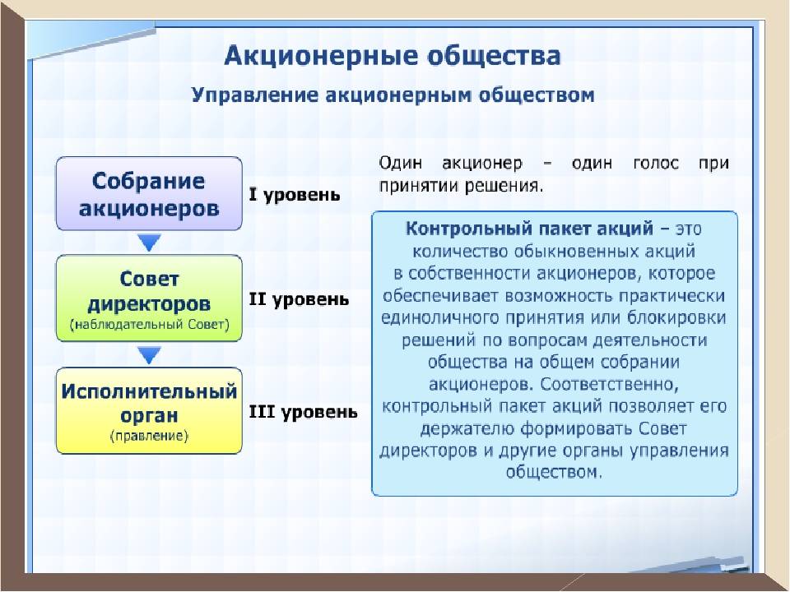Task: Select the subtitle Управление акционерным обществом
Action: coord(393,95)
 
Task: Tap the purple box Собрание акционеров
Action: coord(149,194)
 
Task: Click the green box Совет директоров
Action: coord(149,298)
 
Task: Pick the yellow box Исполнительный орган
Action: coord(149,411)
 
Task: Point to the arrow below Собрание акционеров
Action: coord(149,243)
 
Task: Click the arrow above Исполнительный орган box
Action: coord(149,355)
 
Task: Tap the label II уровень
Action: coord(299,300)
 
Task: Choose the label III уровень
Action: coord(304,413)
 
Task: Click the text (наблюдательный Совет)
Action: coord(150,325)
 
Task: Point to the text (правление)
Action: coord(149,436)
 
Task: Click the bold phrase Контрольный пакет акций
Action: coord(529,229)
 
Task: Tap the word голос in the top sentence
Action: coord(656,163)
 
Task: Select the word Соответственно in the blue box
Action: coord(610,385)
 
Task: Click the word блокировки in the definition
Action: coord(676,318)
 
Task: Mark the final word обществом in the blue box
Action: coord(554,472)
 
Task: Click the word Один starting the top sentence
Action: coord(401,163)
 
